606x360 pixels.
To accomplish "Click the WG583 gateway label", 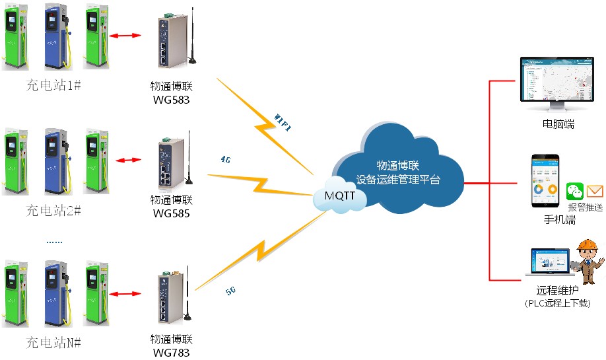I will coord(171,99).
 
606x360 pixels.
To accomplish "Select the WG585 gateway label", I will coord(171,213).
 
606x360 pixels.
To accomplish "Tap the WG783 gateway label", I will coord(171,352).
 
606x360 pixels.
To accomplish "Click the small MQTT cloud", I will coord(340,196).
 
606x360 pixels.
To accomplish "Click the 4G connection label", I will coord(226,159).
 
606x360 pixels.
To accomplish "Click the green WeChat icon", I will coord(575,192).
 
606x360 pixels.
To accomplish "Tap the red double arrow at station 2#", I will coord(129,160).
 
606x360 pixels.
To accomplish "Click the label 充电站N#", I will coord(53,342).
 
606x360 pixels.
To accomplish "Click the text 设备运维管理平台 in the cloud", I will coord(398,179).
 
